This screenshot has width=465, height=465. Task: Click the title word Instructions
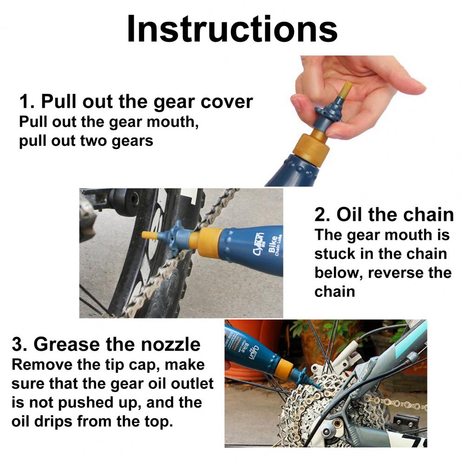(x=232, y=29)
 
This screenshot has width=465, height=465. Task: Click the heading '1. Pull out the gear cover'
(x=136, y=101)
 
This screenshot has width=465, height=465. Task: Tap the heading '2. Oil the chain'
(x=384, y=214)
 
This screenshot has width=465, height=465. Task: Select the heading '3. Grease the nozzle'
(x=106, y=344)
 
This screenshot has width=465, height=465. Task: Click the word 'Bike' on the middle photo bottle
(x=272, y=244)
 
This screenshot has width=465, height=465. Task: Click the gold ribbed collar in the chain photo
(x=209, y=242)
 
